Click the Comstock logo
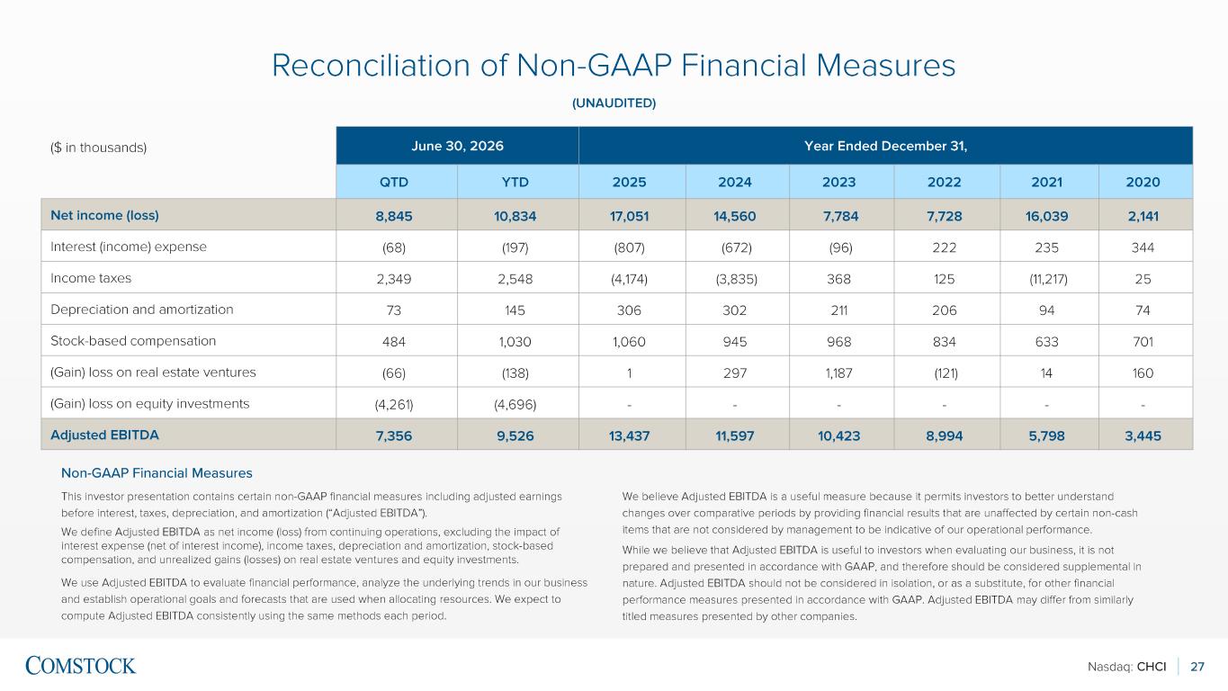click(80, 666)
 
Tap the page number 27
click(1197, 667)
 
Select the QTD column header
click(394, 182)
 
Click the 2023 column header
click(838, 182)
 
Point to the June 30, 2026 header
click(457, 146)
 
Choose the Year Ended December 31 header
click(885, 146)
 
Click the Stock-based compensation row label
click(133, 341)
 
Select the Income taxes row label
click(91, 278)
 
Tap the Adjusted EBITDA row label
click(104, 435)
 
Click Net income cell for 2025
click(629, 216)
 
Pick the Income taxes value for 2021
click(1048, 279)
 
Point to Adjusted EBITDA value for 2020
click(1143, 436)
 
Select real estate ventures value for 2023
click(838, 373)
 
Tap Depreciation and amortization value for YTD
click(515, 310)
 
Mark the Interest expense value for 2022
click(944, 248)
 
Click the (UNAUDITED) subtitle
click(614, 103)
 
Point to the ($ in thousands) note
click(99, 148)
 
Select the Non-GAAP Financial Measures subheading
click(157, 472)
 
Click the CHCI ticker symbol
click(1152, 667)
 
